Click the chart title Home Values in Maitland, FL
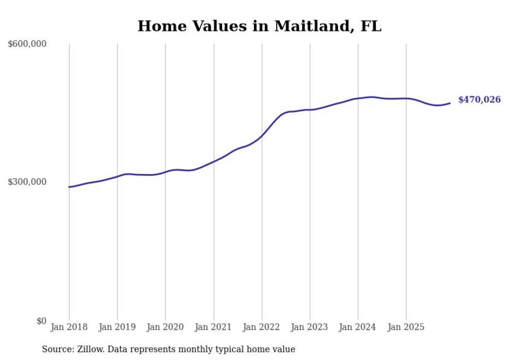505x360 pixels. (x=259, y=26)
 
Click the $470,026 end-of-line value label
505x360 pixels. (x=479, y=100)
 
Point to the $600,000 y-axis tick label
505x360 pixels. (x=27, y=44)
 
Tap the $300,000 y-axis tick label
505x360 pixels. (x=27, y=182)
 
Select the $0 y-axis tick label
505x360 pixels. (x=41, y=321)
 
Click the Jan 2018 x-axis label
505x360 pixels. (x=69, y=328)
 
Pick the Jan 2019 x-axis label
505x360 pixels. (x=117, y=328)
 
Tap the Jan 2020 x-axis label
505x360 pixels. (x=165, y=328)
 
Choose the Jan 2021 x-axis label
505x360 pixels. (x=213, y=328)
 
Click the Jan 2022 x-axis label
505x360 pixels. (x=262, y=328)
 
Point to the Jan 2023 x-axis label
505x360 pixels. (x=310, y=328)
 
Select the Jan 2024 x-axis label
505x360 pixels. (x=358, y=328)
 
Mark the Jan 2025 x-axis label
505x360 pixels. (x=406, y=328)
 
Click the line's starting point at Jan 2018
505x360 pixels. (x=69, y=187)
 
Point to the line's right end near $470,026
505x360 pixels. (x=450, y=103)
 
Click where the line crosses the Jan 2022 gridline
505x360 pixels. (x=262, y=136)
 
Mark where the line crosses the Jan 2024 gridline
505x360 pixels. (x=358, y=98)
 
